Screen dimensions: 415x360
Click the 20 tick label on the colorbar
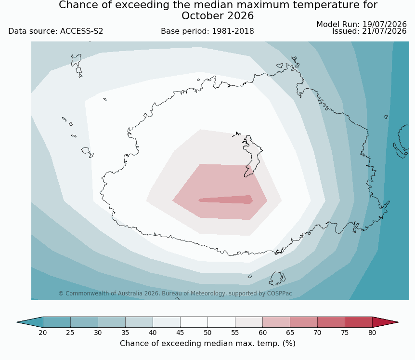pyautogui.click(x=43, y=333)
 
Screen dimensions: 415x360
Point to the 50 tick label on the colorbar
pyautogui.click(x=207, y=333)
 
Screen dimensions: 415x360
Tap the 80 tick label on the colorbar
pyautogui.click(x=372, y=333)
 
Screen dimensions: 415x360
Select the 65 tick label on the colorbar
pyautogui.click(x=290, y=333)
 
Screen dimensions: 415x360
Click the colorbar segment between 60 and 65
pyautogui.click(x=276, y=322)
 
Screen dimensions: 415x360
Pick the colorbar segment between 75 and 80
pyautogui.click(x=359, y=322)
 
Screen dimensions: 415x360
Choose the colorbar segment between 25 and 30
pyautogui.click(x=84, y=322)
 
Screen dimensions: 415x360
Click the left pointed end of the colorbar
pyautogui.click(x=17, y=322)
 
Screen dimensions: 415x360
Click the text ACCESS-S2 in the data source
pyautogui.click(x=81, y=31)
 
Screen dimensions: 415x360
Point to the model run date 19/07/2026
pyautogui.click(x=384, y=25)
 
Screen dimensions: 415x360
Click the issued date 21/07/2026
pyautogui.click(x=384, y=31)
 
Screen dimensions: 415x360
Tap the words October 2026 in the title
pyautogui.click(x=218, y=16)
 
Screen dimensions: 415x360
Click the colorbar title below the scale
pyautogui.click(x=207, y=344)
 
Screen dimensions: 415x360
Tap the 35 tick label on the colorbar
pyautogui.click(x=125, y=333)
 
